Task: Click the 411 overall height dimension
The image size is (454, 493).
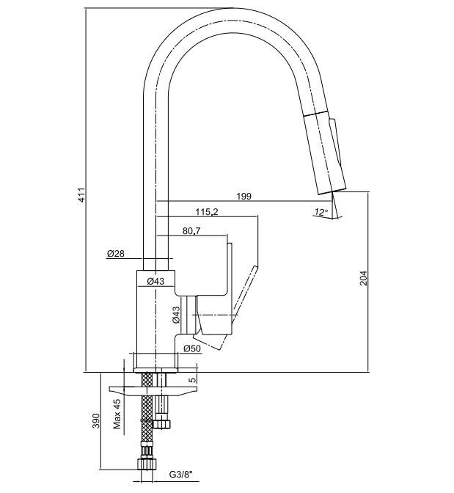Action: tap(81, 195)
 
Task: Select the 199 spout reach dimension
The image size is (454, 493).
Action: tap(244, 196)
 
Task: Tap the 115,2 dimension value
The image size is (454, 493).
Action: tap(207, 212)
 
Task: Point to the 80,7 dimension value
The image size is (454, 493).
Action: tap(191, 231)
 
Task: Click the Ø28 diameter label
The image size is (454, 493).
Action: tap(116, 253)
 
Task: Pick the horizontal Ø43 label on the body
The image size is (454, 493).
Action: tap(155, 281)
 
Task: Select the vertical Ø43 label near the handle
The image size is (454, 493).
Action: tap(176, 315)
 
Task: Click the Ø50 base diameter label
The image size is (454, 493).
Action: tap(192, 348)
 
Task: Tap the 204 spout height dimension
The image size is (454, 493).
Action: tap(363, 278)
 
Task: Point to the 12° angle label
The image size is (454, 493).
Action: tap(321, 212)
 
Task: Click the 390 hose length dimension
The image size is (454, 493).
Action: tap(95, 421)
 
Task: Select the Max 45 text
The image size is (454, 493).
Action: tap(117, 414)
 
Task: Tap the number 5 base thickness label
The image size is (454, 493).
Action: tap(192, 380)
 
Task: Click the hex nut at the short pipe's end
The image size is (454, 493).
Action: tap(162, 423)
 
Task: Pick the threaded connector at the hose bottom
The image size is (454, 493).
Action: tap(147, 464)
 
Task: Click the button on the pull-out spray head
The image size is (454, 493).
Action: tap(335, 141)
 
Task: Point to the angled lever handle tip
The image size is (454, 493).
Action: tap(255, 268)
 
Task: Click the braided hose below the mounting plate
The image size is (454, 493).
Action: tap(147, 418)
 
